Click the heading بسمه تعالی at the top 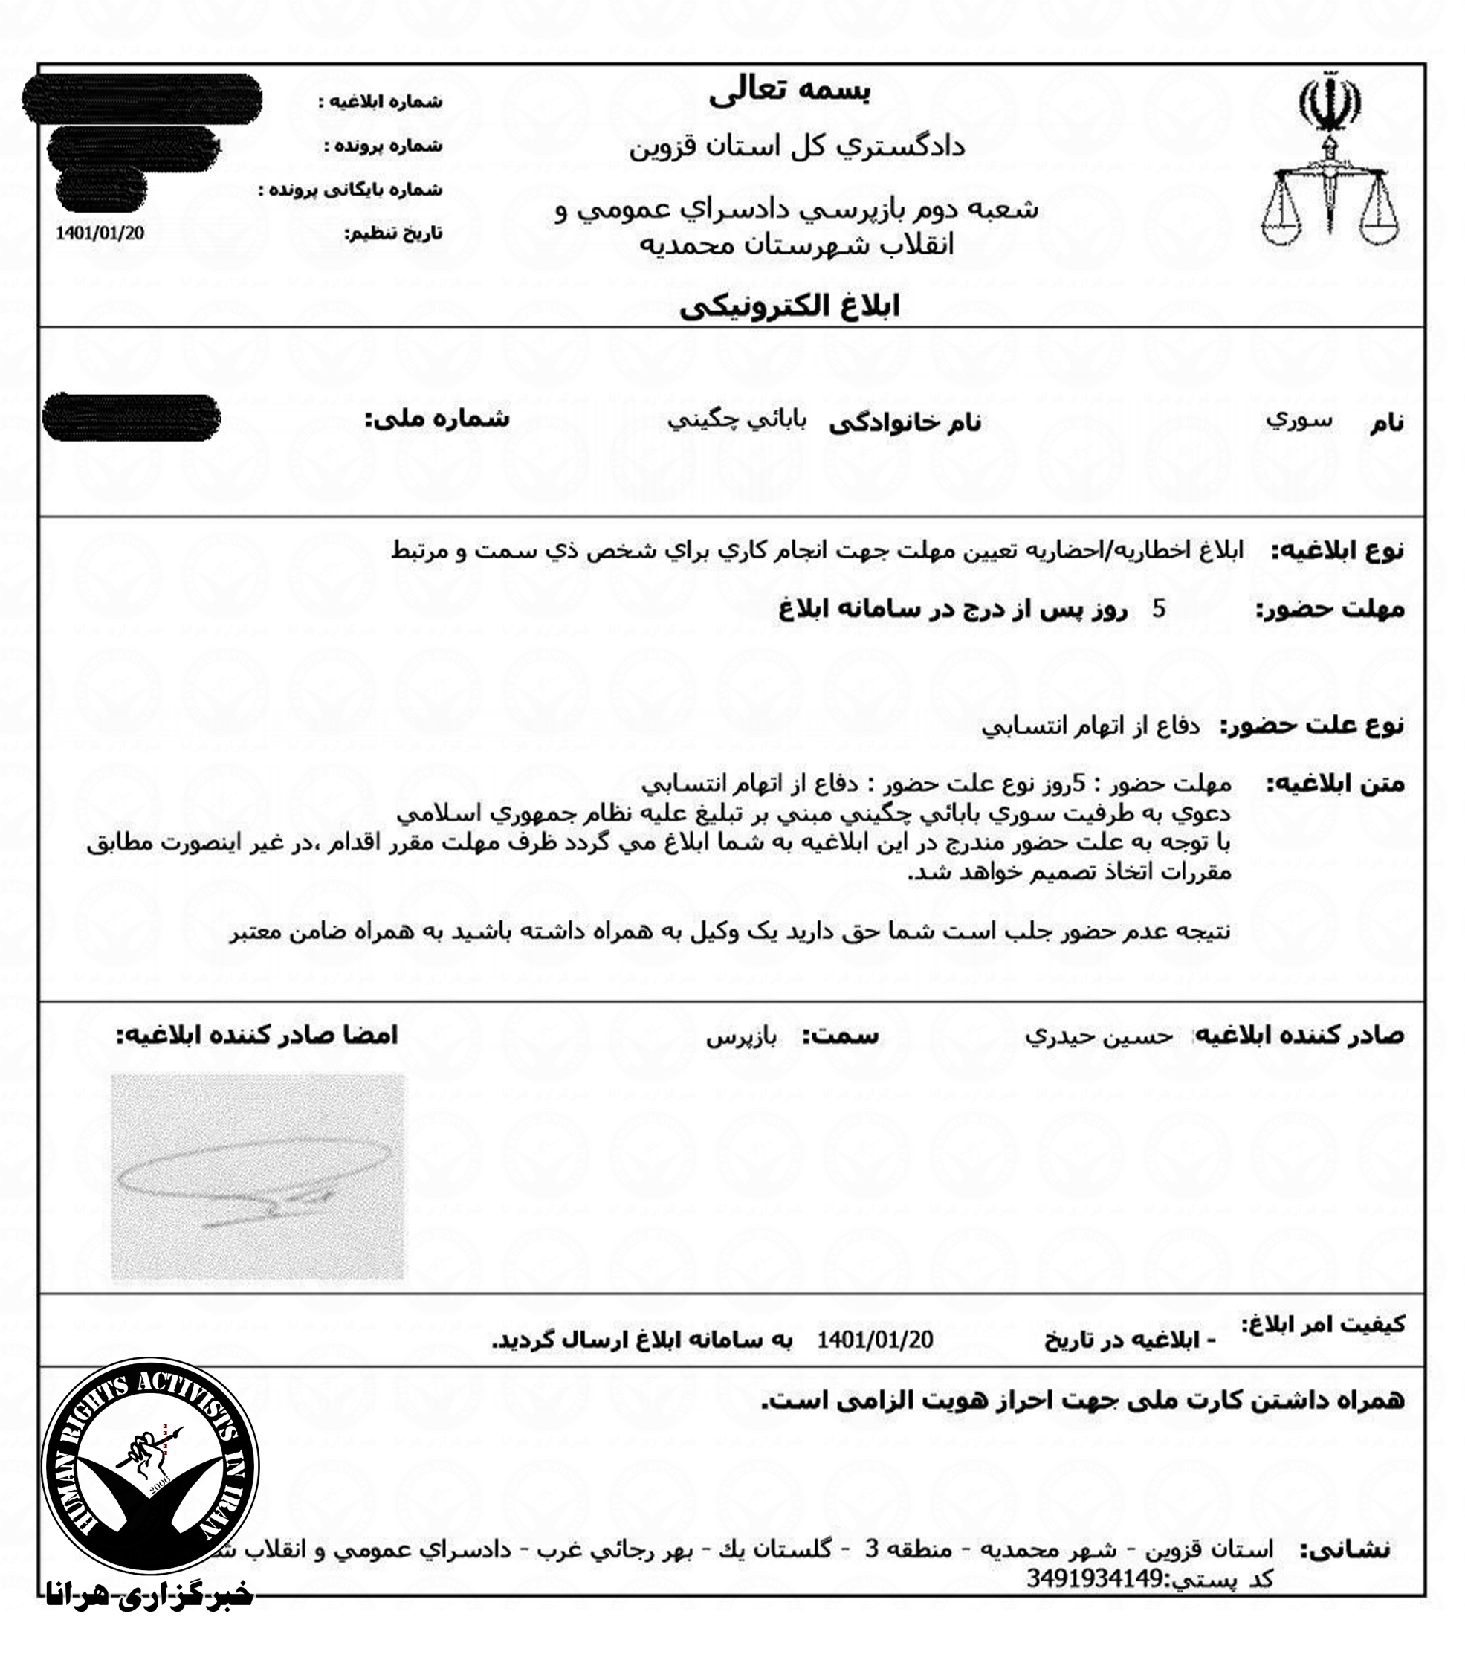click(789, 92)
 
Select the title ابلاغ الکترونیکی click(789, 307)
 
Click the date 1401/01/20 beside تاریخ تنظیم click(100, 233)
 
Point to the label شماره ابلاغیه click(380, 102)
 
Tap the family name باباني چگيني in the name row click(737, 421)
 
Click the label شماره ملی click(437, 419)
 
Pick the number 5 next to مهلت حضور click(1159, 609)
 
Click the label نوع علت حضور click(1312, 725)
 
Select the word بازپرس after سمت click(742, 1037)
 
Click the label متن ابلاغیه click(1335, 785)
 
